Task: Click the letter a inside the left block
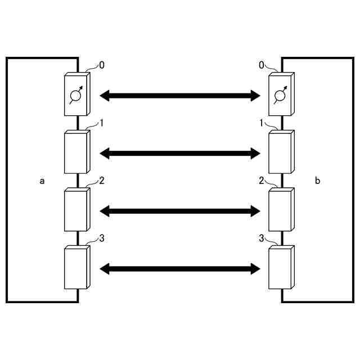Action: [42, 181]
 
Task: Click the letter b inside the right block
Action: [317, 181]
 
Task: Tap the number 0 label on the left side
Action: [101, 65]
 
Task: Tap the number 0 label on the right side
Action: [262, 65]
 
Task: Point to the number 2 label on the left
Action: [101, 181]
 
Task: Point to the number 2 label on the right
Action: [262, 181]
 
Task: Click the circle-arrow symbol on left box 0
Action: [75, 96]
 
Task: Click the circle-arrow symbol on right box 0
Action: [279, 96]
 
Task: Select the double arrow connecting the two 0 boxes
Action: [180, 96]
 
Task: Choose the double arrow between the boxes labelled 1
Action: [180, 153]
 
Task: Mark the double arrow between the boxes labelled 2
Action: [180, 211]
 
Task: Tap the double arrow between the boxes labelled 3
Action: [180, 269]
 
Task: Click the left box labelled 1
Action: [76, 153]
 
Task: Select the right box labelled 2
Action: [281, 211]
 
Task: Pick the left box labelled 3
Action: [76, 269]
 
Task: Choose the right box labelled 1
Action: [281, 153]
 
